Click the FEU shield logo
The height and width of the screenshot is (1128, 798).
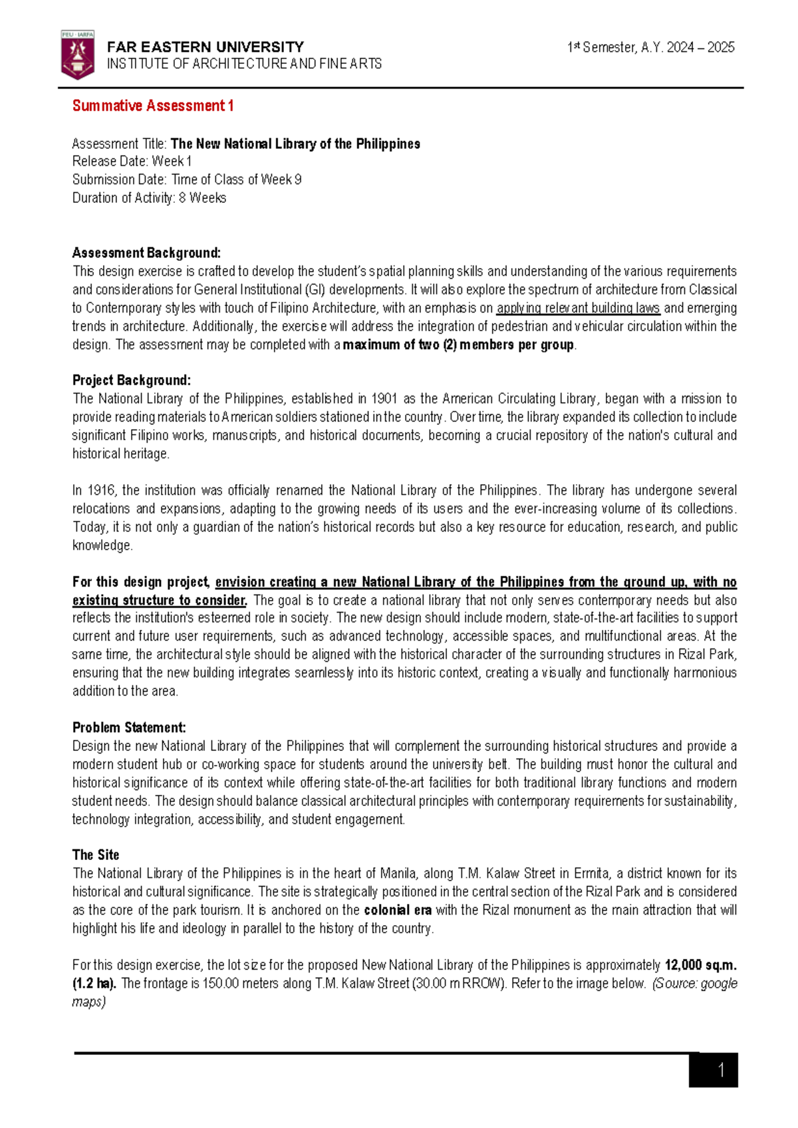tap(77, 55)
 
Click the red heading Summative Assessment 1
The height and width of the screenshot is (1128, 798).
tap(152, 106)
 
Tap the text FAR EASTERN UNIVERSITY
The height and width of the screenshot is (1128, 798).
tap(205, 47)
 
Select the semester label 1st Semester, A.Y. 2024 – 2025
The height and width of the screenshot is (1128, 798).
tap(650, 47)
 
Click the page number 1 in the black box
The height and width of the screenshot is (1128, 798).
tap(721, 1071)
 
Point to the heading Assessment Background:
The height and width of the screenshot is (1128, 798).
tap(146, 253)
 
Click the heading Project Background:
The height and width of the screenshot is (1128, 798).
tap(131, 380)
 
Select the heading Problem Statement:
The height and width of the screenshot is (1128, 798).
tap(129, 728)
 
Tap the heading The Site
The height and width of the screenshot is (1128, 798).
tap(96, 855)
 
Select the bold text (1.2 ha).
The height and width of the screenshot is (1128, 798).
tap(94, 984)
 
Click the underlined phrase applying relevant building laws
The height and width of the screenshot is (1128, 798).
tap(578, 308)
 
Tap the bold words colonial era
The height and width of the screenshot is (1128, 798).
tap(398, 910)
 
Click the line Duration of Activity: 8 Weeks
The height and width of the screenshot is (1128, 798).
tap(149, 198)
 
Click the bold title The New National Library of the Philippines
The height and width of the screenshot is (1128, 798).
tap(295, 144)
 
